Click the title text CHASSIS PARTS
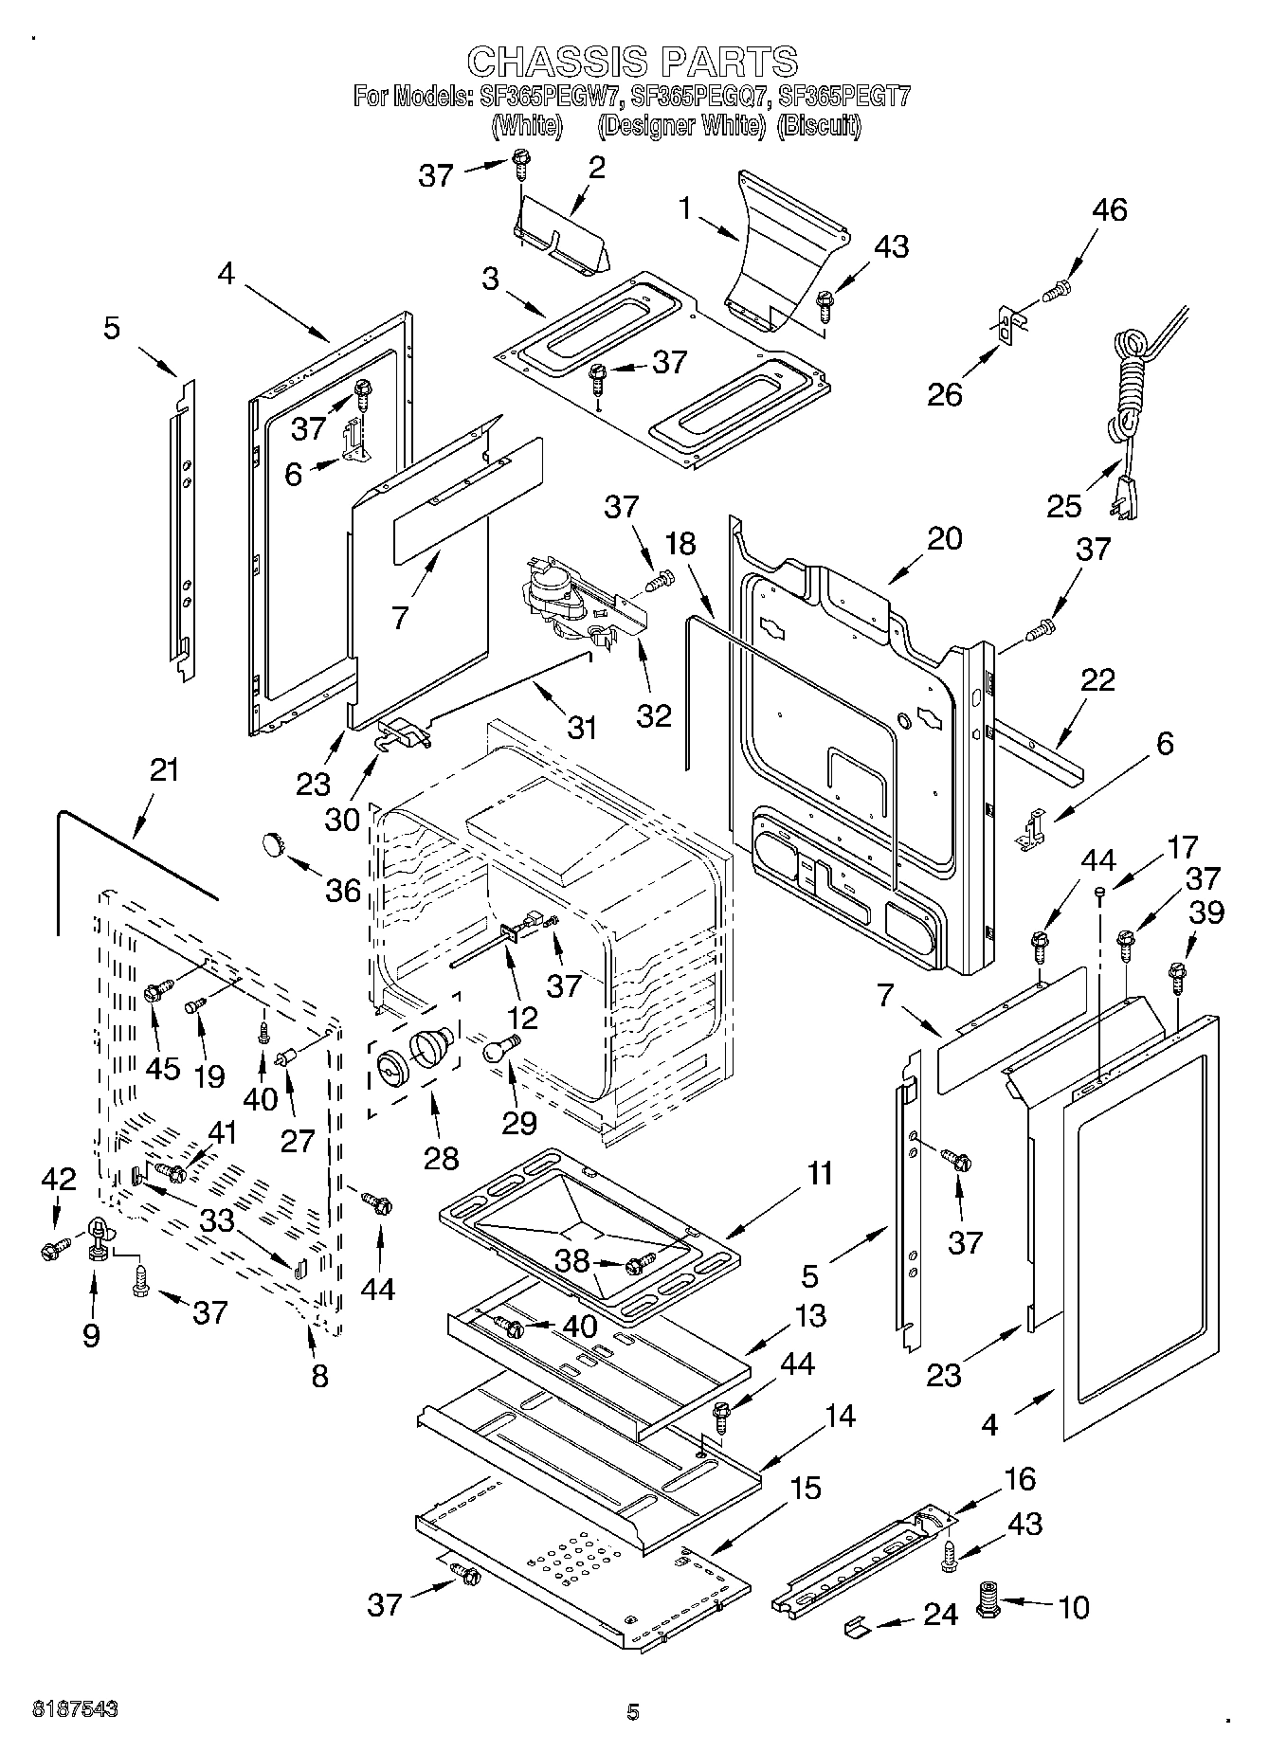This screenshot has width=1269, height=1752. [x=633, y=62]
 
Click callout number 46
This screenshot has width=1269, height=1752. [x=1109, y=209]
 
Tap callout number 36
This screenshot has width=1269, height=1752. [x=343, y=889]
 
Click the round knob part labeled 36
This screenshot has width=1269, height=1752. [x=275, y=841]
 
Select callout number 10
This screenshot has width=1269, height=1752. [x=1073, y=1607]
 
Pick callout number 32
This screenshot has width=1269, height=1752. [x=654, y=715]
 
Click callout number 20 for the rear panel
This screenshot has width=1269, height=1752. [x=945, y=538]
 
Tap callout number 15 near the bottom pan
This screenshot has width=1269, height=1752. [x=805, y=1488]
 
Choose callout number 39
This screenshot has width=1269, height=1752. [x=1207, y=912]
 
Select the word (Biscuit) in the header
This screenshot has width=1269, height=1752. [x=819, y=125]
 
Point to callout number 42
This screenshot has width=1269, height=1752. [x=59, y=1179]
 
